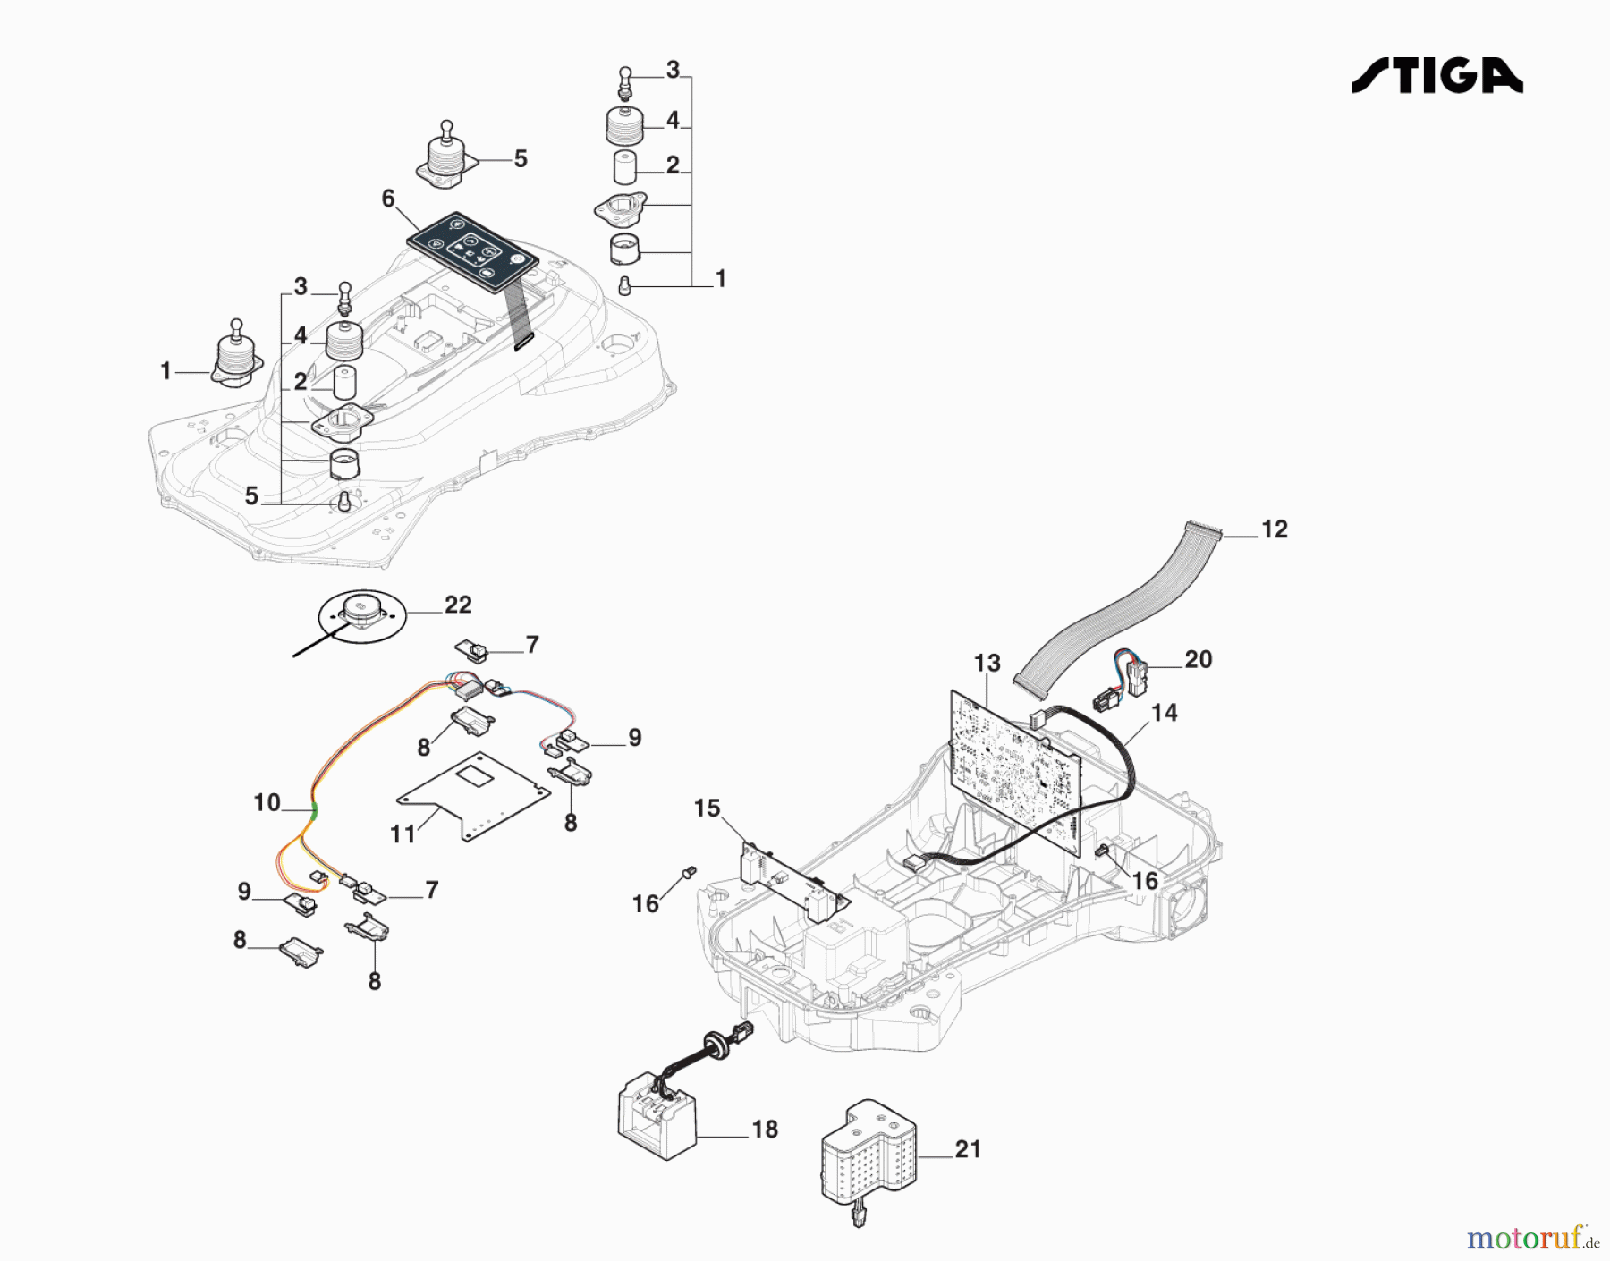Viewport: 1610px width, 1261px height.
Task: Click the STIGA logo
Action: [x=1437, y=76]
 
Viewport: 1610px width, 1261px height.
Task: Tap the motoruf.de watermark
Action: [x=1531, y=1238]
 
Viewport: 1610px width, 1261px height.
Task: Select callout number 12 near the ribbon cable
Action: [x=1274, y=529]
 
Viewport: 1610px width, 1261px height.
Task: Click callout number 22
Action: [x=458, y=605]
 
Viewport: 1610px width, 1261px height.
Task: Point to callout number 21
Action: [x=968, y=1149]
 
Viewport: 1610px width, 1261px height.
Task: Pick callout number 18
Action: [x=765, y=1130]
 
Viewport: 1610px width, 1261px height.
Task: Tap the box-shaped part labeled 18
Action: [x=656, y=1118]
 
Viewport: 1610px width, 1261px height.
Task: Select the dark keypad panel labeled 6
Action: [x=472, y=252]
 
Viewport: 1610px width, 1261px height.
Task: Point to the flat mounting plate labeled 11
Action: [x=474, y=796]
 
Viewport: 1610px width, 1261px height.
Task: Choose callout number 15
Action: [x=707, y=808]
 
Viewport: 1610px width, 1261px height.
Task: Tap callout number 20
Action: [x=1198, y=660]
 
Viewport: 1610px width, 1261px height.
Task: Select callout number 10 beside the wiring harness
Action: [x=267, y=803]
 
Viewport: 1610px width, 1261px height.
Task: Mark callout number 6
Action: [x=388, y=199]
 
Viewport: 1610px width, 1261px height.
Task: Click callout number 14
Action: [x=1164, y=713]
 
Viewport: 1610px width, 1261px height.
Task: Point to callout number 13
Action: [x=987, y=664]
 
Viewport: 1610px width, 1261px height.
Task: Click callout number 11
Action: [x=402, y=834]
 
